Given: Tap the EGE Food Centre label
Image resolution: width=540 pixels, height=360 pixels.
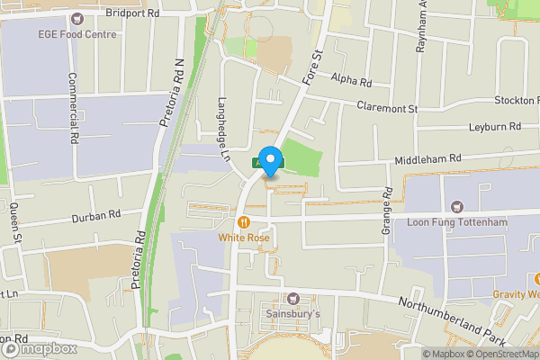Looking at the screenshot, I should coord(76,34).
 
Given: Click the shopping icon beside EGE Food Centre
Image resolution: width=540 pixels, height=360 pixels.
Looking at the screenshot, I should coord(76,18).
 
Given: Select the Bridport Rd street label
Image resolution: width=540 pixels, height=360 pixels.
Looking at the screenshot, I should coord(132,13).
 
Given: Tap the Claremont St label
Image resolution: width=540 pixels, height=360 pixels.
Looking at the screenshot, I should coord(388,108).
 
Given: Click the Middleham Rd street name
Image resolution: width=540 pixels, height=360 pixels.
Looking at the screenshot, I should coord(427,158).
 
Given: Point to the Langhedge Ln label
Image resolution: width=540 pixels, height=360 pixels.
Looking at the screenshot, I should coord(225,130).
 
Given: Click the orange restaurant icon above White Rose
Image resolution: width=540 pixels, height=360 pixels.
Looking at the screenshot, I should coord(243,222).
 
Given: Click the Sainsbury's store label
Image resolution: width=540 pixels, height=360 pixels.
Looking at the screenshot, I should coord(292,314).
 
